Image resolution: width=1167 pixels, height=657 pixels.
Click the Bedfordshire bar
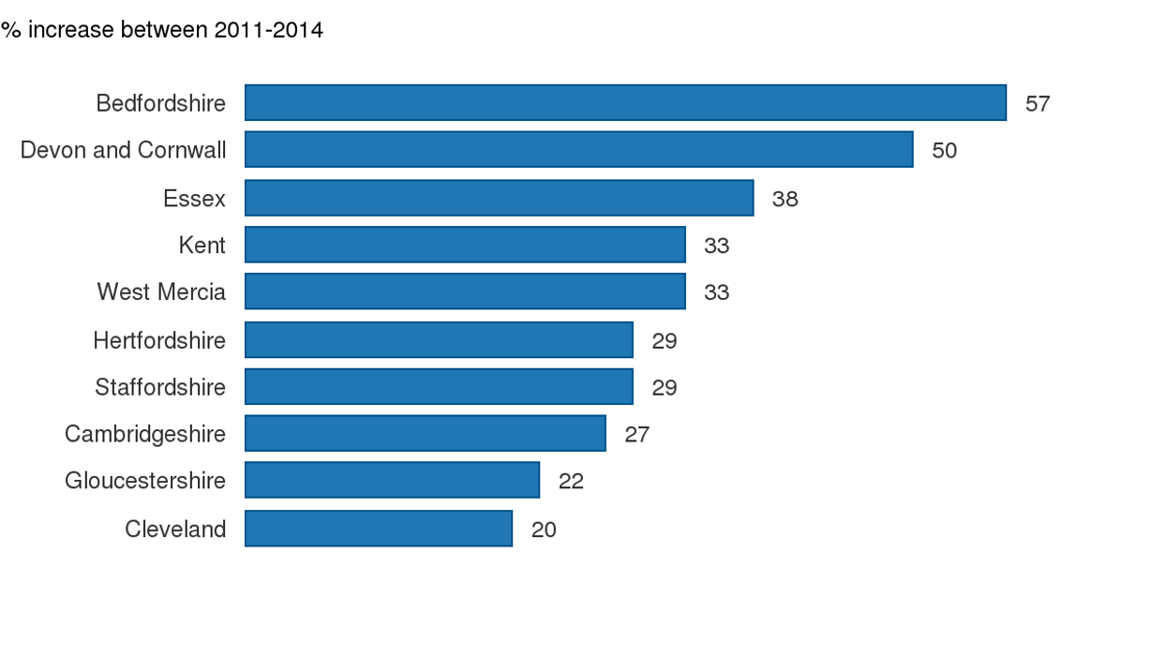click(x=625, y=103)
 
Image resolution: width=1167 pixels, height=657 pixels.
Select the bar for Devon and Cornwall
click(x=579, y=150)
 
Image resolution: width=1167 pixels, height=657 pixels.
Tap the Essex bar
click(x=500, y=198)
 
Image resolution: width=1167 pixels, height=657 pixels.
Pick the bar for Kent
click(x=465, y=245)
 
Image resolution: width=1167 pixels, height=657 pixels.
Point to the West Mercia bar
click(x=465, y=291)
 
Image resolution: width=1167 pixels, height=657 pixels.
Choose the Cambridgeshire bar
click(x=426, y=434)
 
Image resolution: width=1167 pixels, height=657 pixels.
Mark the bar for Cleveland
click(x=379, y=529)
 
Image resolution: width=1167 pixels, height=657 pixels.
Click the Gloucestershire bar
click(x=392, y=481)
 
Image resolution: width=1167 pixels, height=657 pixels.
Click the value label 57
click(x=1038, y=104)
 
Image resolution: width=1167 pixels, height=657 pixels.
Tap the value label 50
click(x=944, y=151)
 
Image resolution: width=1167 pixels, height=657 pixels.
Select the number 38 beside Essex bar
click(x=785, y=199)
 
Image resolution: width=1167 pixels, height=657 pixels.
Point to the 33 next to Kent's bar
click(x=716, y=246)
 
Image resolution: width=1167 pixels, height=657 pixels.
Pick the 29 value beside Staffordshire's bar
click(x=664, y=387)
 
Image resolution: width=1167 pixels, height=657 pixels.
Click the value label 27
click(x=636, y=435)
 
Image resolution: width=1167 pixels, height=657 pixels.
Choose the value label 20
click(x=544, y=530)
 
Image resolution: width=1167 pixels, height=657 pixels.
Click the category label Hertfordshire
click(x=159, y=340)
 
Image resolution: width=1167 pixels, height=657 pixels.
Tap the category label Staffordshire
click(x=160, y=387)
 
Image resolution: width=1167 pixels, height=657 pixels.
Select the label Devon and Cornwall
click(x=123, y=150)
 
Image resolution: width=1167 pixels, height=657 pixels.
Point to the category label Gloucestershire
click(x=145, y=481)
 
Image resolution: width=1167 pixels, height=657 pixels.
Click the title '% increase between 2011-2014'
click(x=162, y=30)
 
